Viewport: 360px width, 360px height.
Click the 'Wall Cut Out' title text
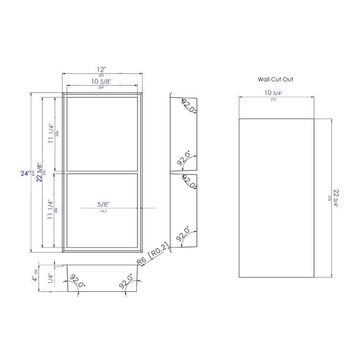[276, 80]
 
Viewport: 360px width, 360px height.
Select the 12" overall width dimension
[101, 69]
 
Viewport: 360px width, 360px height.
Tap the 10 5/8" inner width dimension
[101, 82]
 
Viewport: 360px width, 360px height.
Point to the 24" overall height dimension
[25, 174]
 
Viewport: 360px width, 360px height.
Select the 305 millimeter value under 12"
[101, 75]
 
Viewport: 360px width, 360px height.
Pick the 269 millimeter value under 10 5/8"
[101, 88]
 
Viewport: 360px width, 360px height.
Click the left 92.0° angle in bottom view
[77, 281]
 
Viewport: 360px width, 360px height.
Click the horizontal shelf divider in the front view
[101, 172]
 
